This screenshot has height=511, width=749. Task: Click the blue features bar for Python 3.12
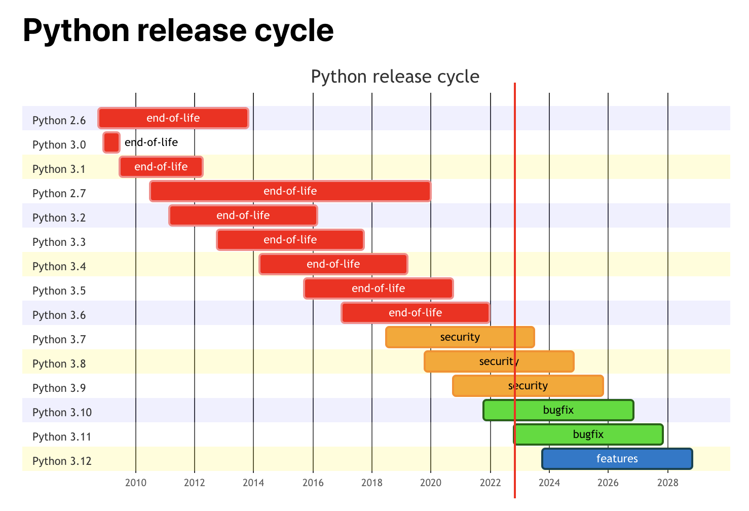pos(617,459)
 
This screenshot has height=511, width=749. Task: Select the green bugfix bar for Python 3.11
pos(588,434)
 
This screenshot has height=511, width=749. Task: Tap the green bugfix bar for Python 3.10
pos(558,410)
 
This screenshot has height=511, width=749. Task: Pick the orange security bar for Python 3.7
pos(460,337)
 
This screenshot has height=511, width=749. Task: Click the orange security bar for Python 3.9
pos(528,386)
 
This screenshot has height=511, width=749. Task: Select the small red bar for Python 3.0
pos(111,142)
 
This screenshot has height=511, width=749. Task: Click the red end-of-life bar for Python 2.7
pos(290,191)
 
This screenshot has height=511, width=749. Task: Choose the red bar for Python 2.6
pos(173,118)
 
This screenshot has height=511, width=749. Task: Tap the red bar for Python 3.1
pos(161,167)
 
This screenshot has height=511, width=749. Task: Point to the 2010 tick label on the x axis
pos(135,482)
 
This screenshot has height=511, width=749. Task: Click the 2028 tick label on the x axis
pos(667,482)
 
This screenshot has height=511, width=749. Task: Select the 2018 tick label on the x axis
pos(371,482)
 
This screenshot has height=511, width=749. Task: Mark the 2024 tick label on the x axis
pos(549,482)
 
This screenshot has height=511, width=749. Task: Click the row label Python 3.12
pos(62,461)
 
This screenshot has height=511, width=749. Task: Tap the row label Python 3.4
pos(59,266)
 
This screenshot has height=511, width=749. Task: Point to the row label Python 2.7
pos(59,193)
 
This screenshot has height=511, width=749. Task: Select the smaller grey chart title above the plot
pos(395,77)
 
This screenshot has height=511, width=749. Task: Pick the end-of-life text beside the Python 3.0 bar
pos(151,142)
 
